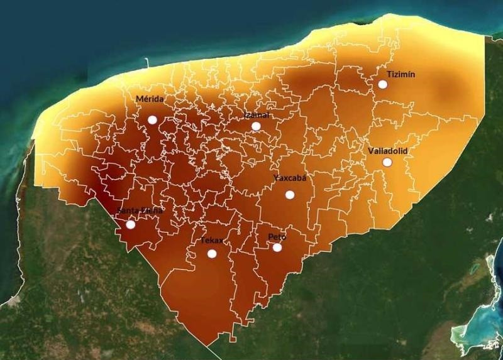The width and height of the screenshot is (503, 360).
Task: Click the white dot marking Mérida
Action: point(152,119)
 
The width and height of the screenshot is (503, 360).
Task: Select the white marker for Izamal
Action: point(256,126)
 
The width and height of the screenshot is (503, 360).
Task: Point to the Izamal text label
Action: point(257,115)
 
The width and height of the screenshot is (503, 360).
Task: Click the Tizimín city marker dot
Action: point(382,84)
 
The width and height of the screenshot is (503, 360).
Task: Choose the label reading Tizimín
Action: point(401,74)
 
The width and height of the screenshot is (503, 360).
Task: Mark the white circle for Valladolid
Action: point(387,162)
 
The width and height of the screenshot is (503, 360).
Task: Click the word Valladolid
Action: point(388,151)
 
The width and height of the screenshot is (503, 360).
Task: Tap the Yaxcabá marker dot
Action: point(290,195)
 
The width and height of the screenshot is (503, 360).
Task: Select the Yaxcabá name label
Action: point(290,178)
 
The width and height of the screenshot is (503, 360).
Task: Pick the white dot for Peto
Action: point(277,248)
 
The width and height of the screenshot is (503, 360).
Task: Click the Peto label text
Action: point(277,237)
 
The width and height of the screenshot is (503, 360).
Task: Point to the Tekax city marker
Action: point(212,254)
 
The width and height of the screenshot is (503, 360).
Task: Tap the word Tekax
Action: point(211,241)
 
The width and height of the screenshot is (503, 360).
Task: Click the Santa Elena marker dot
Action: point(131,224)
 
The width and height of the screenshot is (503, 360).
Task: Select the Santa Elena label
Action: point(140,211)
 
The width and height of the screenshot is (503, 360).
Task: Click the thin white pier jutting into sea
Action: point(146,63)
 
